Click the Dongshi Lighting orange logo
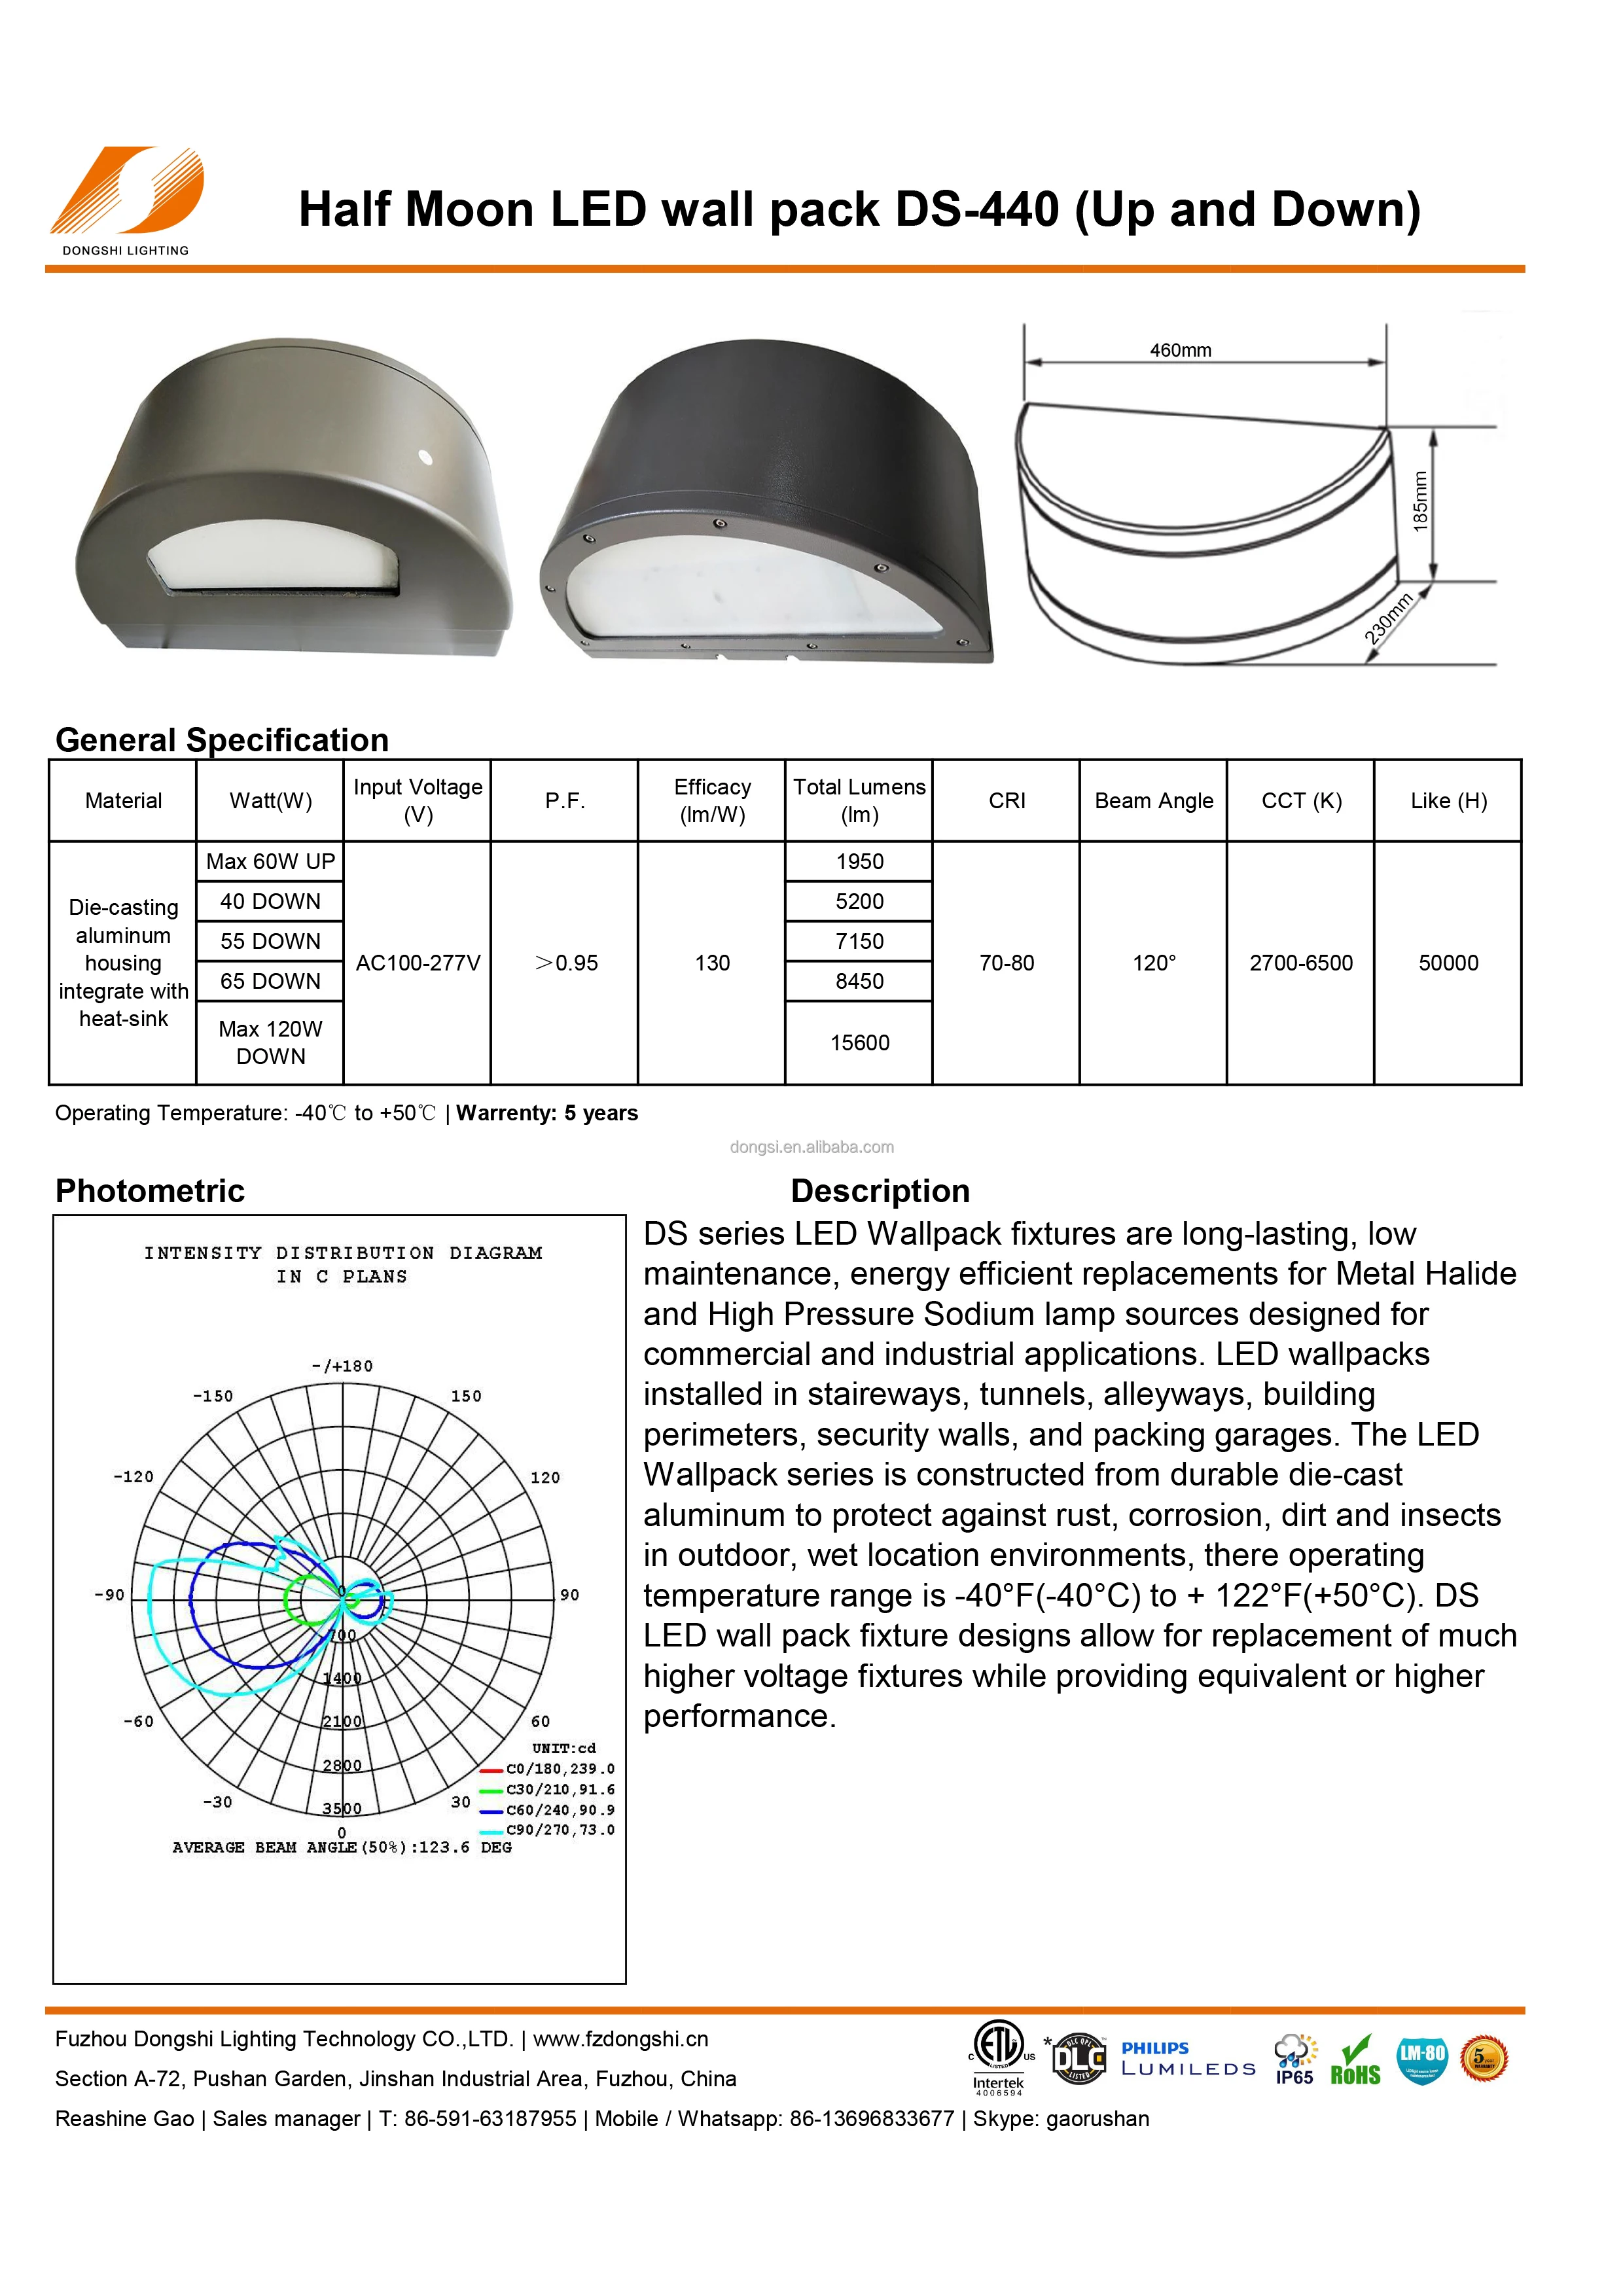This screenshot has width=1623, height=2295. pyautogui.click(x=127, y=192)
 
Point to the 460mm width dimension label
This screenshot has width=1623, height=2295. pyautogui.click(x=1179, y=351)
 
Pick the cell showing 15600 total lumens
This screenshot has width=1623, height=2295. pyautogui.click(x=859, y=1042)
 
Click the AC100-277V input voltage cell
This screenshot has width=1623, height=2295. pyautogui.click(x=418, y=963)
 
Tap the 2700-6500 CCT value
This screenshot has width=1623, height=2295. pyautogui.click(x=1300, y=963)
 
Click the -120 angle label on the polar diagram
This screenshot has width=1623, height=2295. pyautogui.click(x=133, y=1476)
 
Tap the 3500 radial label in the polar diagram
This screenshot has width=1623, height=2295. pyautogui.click(x=342, y=1808)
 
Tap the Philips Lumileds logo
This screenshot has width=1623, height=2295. pyautogui.click(x=1187, y=2059)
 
